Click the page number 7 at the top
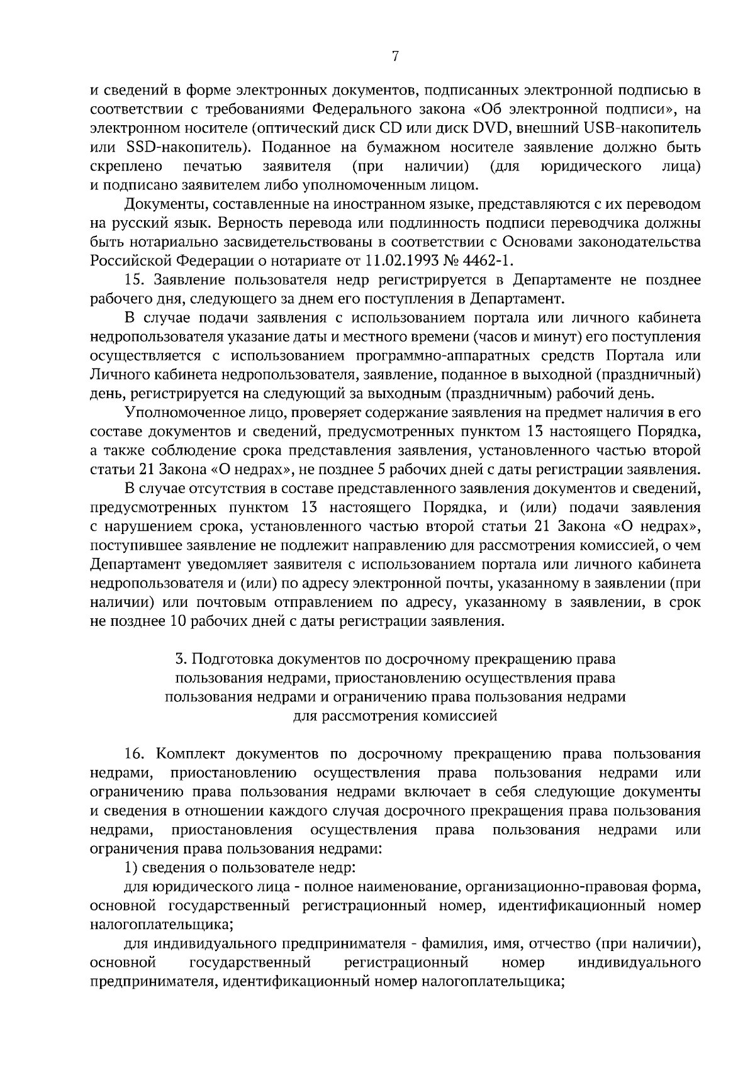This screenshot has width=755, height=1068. pos(394,57)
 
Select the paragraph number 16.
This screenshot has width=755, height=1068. pos(136,754)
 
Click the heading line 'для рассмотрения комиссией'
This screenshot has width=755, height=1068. pos(395,716)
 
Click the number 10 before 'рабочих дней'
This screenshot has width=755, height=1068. pos(178,621)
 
